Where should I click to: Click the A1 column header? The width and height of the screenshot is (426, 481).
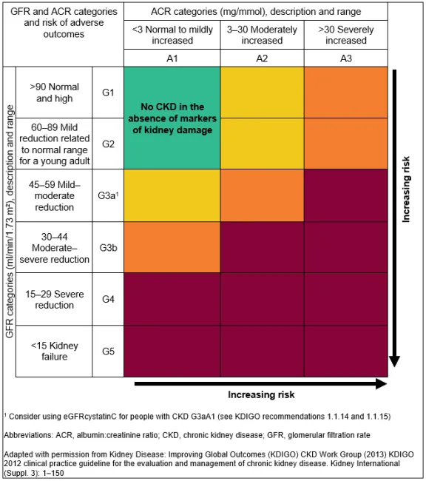point(172,58)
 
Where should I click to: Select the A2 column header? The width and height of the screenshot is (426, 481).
point(262,58)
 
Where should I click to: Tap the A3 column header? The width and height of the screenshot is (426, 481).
point(345,58)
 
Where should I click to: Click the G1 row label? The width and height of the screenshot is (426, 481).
point(108,92)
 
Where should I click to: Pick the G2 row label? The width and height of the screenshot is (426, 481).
point(108,143)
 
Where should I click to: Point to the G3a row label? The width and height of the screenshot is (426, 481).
point(108,195)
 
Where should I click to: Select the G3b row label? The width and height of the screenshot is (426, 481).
point(108,247)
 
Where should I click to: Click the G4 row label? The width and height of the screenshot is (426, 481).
point(108,299)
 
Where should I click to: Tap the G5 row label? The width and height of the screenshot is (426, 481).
point(108,351)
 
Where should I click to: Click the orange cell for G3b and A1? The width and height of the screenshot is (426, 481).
point(172,247)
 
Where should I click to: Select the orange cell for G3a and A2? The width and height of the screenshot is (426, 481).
point(262,195)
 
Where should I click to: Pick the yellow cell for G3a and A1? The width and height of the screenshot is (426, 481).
point(172,195)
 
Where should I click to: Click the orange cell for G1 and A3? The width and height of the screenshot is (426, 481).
point(345,92)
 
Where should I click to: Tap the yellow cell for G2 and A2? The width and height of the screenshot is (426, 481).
point(262,143)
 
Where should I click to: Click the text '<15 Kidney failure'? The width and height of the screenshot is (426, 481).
point(55,351)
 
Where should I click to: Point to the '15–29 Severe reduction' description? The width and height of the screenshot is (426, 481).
point(55,299)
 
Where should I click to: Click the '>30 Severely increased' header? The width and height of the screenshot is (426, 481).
point(345,35)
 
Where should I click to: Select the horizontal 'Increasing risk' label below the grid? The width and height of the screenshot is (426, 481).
point(260,395)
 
